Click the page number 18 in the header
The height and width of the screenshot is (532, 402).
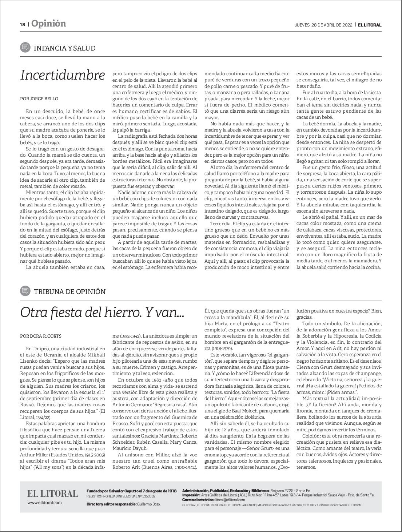click(x=23, y=24)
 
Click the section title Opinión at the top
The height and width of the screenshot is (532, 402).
click(x=48, y=24)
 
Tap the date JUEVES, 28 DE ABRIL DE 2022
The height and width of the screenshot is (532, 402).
click(x=323, y=25)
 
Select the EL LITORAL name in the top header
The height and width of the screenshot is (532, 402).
click(x=369, y=25)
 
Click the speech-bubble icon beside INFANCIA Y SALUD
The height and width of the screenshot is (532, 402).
click(x=25, y=48)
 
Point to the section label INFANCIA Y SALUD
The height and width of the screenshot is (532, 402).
click(x=64, y=48)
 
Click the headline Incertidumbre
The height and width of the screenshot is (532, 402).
click(x=63, y=75)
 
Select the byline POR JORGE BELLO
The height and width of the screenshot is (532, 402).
click(x=39, y=98)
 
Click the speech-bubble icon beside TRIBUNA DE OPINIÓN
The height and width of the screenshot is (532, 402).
click(x=25, y=291)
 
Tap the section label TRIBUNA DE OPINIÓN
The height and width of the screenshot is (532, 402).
click(x=69, y=291)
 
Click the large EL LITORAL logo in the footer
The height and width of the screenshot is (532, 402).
click(x=52, y=493)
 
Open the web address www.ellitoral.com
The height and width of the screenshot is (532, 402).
click(x=44, y=503)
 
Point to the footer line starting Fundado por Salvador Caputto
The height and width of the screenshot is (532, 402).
click(x=131, y=491)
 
